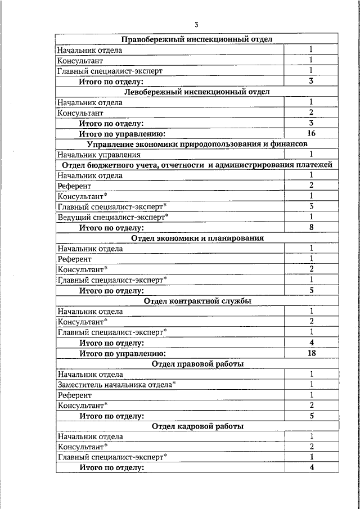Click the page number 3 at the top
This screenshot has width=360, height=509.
tap(197, 24)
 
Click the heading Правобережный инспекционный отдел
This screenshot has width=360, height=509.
tap(197, 39)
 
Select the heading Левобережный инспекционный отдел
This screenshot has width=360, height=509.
tap(197, 91)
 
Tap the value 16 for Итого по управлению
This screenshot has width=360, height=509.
tap(311, 133)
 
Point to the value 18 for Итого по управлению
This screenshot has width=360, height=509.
tap(311, 353)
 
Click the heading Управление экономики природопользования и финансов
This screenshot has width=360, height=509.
tap(197, 144)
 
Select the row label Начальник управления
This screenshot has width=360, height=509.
tap(98, 155)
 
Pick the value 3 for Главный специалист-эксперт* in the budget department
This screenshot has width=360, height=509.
tap(311, 206)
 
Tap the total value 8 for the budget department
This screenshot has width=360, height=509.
tap(311, 228)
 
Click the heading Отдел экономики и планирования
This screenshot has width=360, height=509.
tap(197, 238)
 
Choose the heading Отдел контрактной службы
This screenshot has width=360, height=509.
tap(197, 301)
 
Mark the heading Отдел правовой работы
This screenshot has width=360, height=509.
tap(197, 364)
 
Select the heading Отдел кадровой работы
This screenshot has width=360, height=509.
tap(197, 426)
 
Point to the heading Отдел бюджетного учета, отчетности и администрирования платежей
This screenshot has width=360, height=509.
tap(197, 165)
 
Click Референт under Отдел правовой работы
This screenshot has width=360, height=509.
tap(74, 395)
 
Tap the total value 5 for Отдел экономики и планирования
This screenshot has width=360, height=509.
tap(311, 291)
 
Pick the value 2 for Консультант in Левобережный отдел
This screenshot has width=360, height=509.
tap(311, 112)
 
